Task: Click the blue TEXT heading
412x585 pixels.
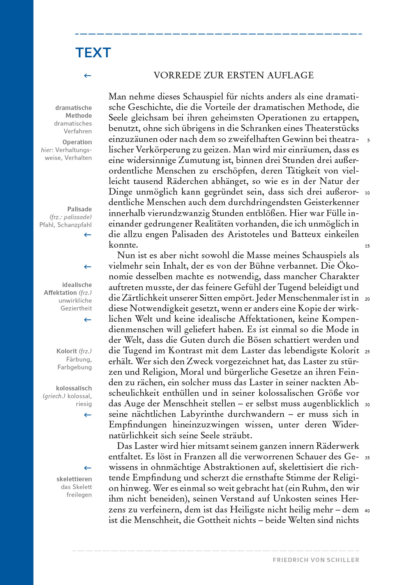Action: pyautogui.click(x=93, y=53)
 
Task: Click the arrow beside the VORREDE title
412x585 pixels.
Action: pyautogui.click(x=88, y=76)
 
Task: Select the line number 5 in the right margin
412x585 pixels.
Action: pyautogui.click(x=368, y=140)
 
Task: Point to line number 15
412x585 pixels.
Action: pyautogui.click(x=367, y=246)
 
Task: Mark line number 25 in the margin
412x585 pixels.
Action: pyautogui.click(x=367, y=352)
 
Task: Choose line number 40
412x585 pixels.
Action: pyautogui.click(x=367, y=511)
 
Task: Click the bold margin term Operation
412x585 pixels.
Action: pyautogui.click(x=77, y=142)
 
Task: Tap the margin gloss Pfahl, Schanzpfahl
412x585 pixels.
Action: pyautogui.click(x=65, y=225)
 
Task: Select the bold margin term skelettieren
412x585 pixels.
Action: pyautogui.click(x=74, y=479)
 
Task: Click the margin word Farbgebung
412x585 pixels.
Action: pyautogui.click(x=74, y=367)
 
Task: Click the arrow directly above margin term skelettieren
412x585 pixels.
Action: pyautogui.click(x=88, y=468)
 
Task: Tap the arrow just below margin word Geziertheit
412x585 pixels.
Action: pyautogui.click(x=88, y=320)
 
